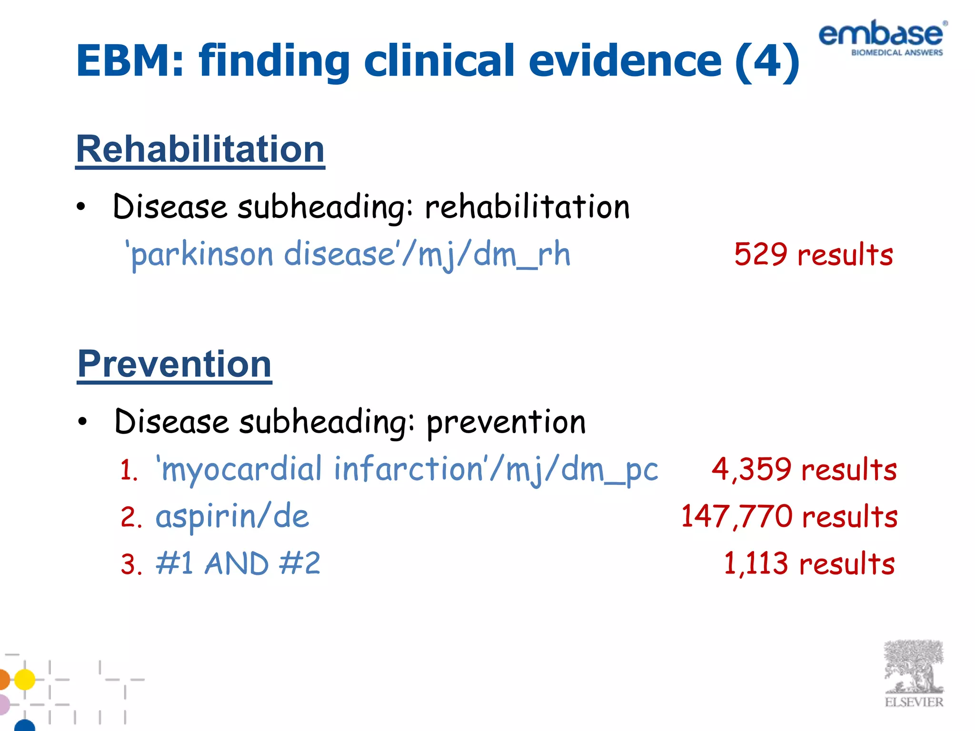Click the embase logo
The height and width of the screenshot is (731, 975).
(882, 38)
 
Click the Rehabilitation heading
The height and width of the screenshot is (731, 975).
(200, 149)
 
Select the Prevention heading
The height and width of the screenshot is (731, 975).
(174, 364)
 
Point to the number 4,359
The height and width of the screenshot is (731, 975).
(751, 469)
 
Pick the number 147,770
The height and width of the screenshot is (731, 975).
(736, 516)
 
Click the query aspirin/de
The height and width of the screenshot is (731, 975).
(232, 517)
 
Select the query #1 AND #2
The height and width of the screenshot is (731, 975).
(238, 564)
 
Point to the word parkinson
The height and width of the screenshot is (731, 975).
(201, 255)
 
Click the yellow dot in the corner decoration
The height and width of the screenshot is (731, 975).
(25, 679)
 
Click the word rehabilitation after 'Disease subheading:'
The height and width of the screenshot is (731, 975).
(527, 207)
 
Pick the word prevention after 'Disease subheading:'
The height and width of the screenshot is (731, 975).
(506, 422)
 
